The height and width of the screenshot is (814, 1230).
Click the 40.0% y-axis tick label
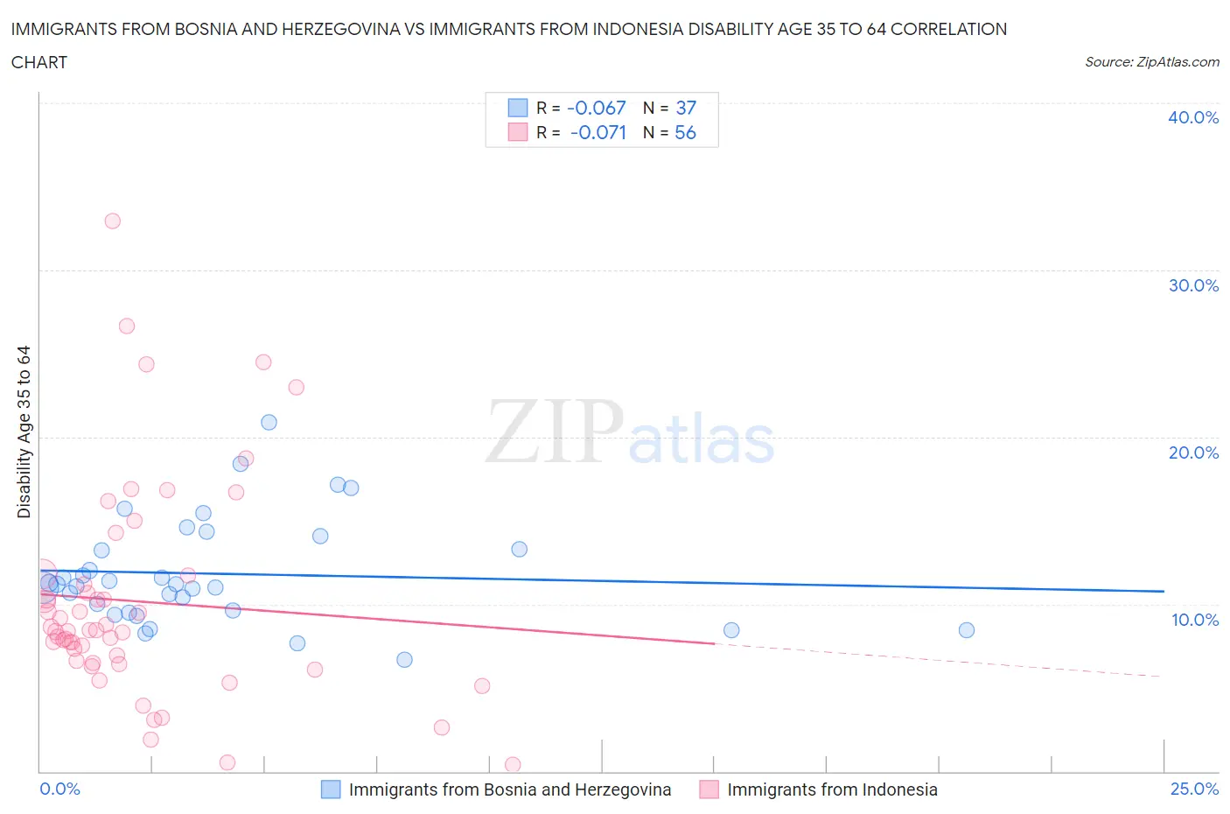[x=1192, y=117]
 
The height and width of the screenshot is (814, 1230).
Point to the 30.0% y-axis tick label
[x=1192, y=285]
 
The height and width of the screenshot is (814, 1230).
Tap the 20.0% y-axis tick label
[x=1192, y=453]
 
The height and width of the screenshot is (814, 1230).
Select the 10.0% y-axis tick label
[x=1194, y=620]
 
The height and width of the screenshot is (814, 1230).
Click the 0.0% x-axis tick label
[x=59, y=789]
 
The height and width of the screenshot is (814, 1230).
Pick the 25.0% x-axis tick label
[x=1194, y=789]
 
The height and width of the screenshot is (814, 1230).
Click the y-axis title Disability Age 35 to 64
[x=24, y=432]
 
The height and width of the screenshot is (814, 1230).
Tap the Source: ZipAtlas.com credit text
[x=1151, y=62]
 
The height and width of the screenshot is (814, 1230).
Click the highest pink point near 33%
[x=112, y=221]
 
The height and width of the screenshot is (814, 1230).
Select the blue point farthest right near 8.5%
[x=966, y=630]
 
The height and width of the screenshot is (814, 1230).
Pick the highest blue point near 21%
[x=269, y=422]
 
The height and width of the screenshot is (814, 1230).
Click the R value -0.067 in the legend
[x=597, y=108]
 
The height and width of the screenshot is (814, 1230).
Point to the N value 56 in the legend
[x=685, y=132]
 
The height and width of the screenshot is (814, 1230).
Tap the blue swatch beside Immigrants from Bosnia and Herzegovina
[x=330, y=789]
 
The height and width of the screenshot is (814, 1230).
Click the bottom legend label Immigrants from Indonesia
[x=831, y=789]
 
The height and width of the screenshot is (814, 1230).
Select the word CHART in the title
[x=39, y=62]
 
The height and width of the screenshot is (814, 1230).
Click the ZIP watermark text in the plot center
[x=554, y=432]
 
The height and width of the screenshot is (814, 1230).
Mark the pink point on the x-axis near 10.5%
[x=513, y=765]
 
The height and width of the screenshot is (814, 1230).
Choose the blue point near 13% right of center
[x=519, y=549]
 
